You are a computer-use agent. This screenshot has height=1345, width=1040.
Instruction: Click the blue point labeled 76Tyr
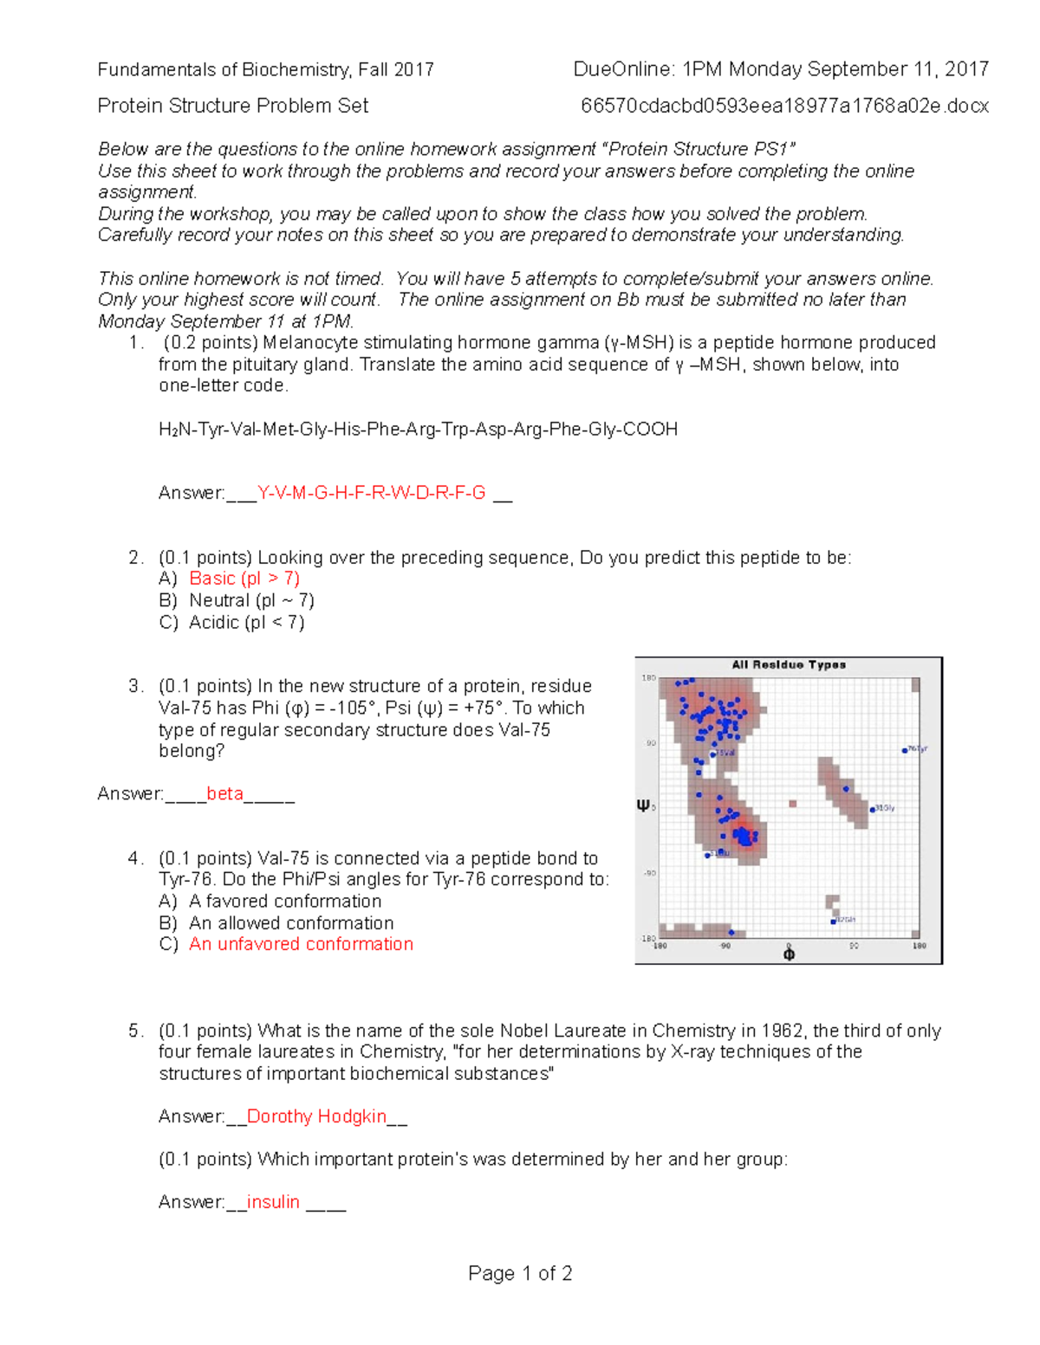click(905, 750)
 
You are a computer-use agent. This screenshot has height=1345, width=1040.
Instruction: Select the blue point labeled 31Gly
click(873, 809)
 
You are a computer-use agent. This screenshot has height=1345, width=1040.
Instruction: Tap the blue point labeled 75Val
click(713, 754)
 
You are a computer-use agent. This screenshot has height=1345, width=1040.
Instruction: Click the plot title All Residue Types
click(788, 665)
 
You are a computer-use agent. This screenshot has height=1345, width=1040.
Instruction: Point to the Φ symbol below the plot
click(789, 954)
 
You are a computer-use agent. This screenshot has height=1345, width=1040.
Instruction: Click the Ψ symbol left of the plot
click(643, 805)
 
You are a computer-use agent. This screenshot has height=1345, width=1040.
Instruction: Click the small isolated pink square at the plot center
click(792, 804)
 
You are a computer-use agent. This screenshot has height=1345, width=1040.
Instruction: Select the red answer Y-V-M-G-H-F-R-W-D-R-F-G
click(372, 494)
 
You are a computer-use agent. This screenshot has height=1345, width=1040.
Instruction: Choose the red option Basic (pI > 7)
click(244, 579)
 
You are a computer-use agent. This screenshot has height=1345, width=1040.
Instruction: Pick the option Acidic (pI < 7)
click(246, 622)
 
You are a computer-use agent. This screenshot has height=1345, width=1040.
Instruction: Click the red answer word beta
click(224, 794)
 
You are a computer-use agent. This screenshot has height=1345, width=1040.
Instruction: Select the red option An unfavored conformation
click(301, 944)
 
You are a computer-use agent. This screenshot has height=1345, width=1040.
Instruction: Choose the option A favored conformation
click(285, 901)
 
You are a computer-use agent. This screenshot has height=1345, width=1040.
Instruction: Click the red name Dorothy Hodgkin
click(316, 1116)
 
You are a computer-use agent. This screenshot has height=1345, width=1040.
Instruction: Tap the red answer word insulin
click(273, 1202)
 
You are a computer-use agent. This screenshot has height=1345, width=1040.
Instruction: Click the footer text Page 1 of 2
click(520, 1273)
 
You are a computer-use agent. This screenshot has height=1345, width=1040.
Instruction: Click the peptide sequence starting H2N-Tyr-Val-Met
click(418, 430)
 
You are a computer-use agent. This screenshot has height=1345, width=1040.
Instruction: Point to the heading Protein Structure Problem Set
click(232, 106)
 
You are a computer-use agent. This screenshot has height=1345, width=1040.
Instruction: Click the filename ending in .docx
click(784, 106)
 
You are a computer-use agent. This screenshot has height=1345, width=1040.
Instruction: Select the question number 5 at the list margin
click(134, 1031)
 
